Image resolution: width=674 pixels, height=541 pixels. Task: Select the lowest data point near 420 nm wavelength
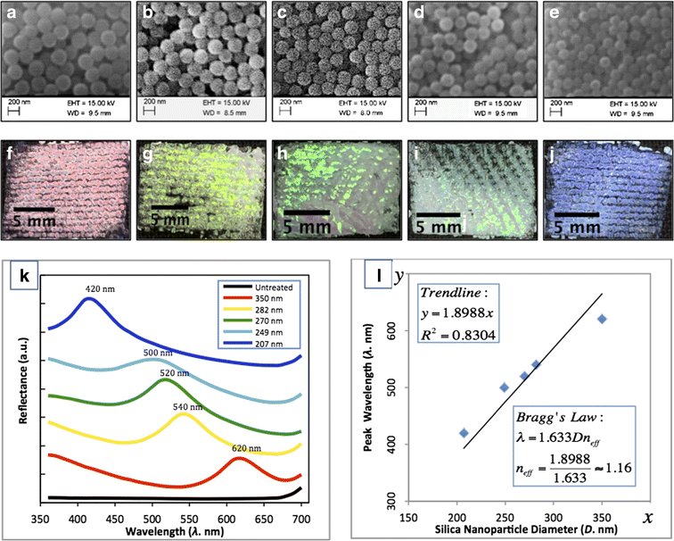point(464,433)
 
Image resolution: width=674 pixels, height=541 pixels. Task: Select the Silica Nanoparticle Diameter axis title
point(531,531)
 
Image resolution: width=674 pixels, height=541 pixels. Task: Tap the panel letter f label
point(14,148)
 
